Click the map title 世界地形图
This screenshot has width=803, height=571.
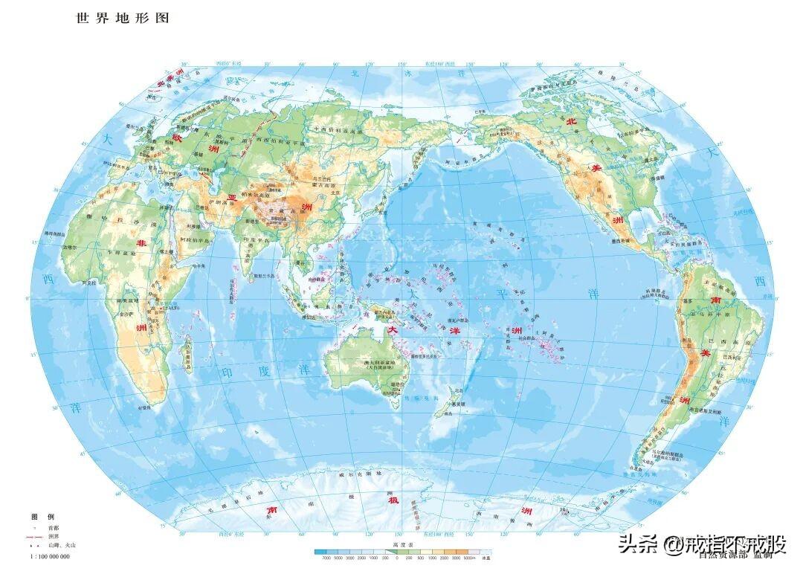click(123, 18)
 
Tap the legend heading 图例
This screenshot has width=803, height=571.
click(42, 517)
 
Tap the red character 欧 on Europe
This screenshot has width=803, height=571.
click(178, 138)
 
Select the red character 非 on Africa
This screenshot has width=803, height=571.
click(140, 242)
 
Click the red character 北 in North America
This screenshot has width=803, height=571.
click(571, 121)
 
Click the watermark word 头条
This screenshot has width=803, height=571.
click(639, 545)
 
